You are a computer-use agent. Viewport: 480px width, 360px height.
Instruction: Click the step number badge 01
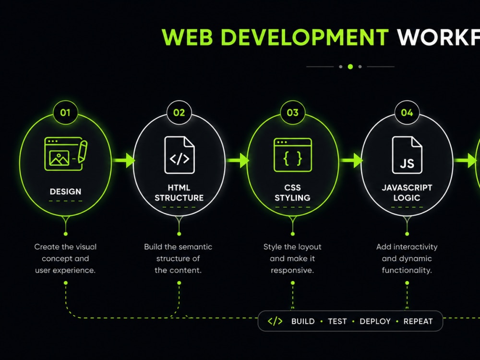(65, 112)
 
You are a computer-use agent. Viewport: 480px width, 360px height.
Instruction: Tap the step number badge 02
(179, 112)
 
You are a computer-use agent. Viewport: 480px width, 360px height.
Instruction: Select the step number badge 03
(293, 112)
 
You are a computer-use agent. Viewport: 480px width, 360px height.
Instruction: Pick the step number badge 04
(407, 112)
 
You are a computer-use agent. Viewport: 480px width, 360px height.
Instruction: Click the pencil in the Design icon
(83, 151)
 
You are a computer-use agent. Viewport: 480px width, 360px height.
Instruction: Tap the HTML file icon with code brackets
(180, 155)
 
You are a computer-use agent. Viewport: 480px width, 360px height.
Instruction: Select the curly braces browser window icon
(293, 155)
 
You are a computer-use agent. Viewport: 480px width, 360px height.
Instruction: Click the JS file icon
(407, 155)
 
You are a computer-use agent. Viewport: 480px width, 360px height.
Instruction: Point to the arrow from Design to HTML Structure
(123, 160)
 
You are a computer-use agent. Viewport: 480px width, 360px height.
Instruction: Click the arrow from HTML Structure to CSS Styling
(237, 160)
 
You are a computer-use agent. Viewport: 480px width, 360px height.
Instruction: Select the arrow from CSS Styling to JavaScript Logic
(351, 160)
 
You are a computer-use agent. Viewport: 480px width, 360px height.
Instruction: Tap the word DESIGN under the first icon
(65, 192)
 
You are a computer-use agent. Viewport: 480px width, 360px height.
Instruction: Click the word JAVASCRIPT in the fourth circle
(407, 188)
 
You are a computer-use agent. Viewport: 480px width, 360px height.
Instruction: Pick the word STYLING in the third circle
(293, 198)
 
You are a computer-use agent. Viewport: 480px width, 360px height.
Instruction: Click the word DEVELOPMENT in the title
(305, 37)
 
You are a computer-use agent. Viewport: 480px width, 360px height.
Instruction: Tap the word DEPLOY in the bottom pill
(375, 322)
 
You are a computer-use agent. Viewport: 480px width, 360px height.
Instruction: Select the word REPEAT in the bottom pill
(418, 322)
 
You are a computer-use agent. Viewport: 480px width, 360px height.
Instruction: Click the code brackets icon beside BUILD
(275, 321)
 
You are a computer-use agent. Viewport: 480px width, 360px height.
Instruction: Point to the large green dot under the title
(350, 66)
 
